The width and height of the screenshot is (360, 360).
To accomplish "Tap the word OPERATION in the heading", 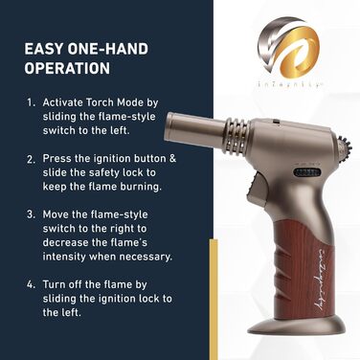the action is (x=67, y=68).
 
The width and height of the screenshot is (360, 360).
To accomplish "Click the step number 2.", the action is (x=31, y=159).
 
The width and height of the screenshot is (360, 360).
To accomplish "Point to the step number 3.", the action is (x=31, y=214).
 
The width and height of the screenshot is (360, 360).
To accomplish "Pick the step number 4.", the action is (x=31, y=284).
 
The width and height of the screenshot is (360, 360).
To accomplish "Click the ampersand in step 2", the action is (x=172, y=158).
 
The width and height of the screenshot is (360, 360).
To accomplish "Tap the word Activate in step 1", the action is (x=63, y=102).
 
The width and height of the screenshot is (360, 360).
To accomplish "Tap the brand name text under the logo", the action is (x=289, y=85).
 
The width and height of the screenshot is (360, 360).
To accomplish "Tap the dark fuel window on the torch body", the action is (x=306, y=172).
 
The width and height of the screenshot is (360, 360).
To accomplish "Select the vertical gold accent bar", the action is (x=214, y=299).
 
